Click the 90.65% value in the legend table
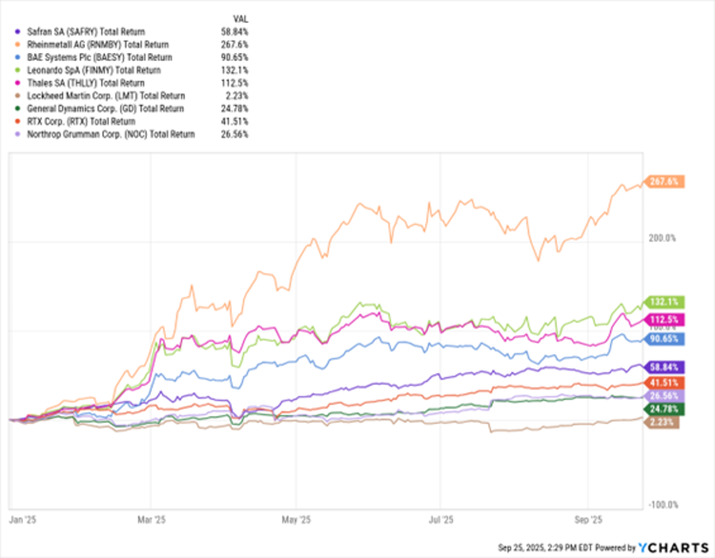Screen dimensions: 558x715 pos(236,57)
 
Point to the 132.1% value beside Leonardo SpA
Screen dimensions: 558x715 pos(237,70)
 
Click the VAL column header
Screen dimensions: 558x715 pos(241,18)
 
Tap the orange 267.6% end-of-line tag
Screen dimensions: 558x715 pos(662,181)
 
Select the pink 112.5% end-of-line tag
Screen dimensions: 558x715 pos(662,320)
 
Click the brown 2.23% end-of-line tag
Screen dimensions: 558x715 pos(662,422)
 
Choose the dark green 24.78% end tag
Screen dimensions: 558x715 pos(662,408)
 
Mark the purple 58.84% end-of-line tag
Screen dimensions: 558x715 pos(662,367)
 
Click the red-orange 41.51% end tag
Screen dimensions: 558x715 pos(662,383)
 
